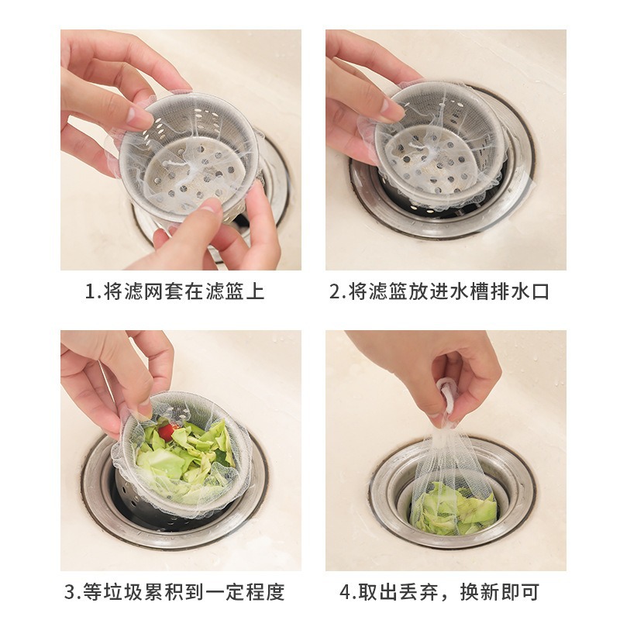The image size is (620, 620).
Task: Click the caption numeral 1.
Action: [x=90, y=292]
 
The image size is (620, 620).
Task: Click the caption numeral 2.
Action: [x=335, y=292]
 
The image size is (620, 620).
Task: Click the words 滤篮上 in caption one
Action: [x=236, y=292]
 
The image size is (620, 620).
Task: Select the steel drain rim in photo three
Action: [x=97, y=496]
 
